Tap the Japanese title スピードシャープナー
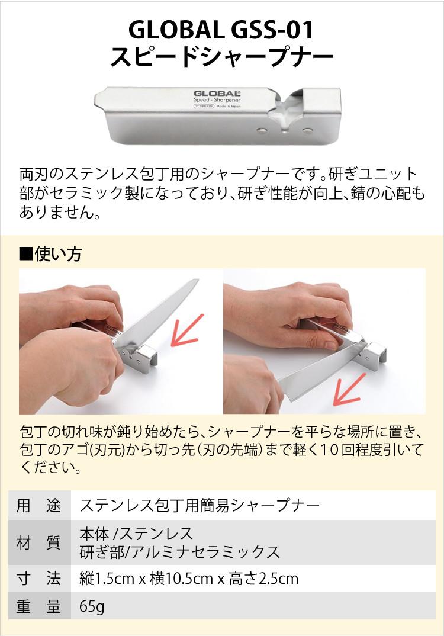point(221,57)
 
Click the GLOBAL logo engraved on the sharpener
point(217,94)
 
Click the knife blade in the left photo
point(154,320)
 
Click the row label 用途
point(38,505)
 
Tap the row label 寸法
point(38,578)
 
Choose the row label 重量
point(38,607)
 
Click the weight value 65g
point(92,607)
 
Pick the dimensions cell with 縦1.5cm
point(188,578)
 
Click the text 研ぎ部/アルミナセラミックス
point(179,552)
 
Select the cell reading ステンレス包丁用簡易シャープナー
point(200,505)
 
